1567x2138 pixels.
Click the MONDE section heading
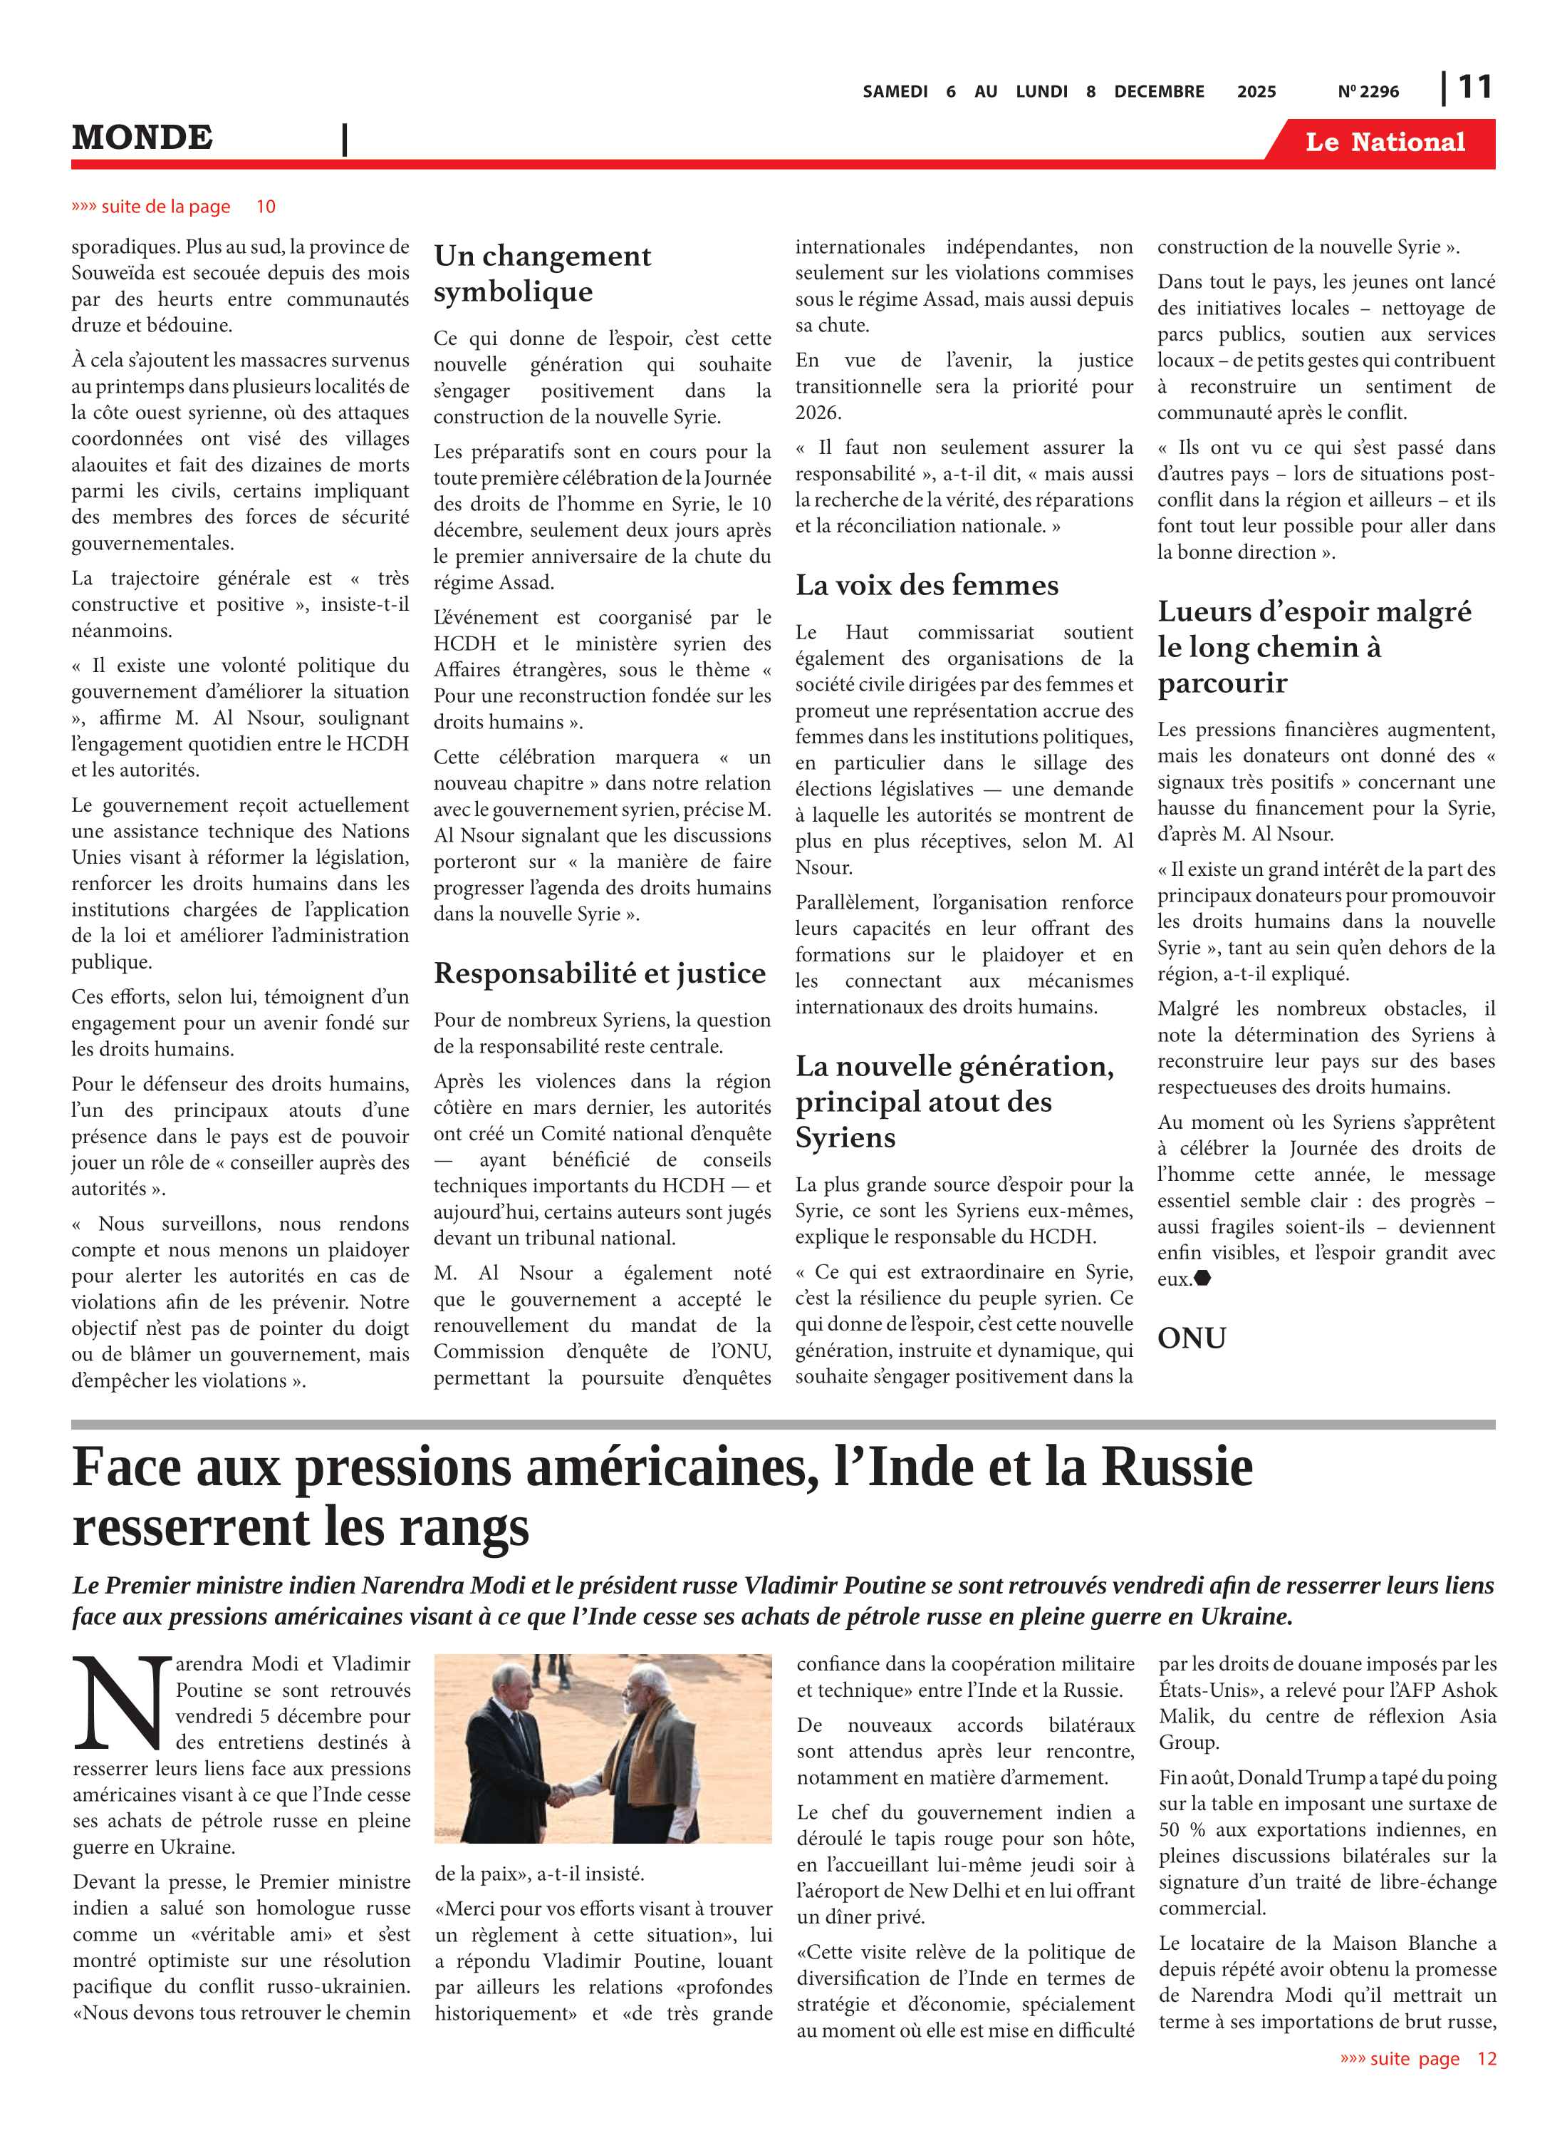142,138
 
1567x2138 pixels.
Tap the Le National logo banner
1384,143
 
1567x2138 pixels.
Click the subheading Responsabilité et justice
600,974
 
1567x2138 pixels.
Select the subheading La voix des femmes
926,586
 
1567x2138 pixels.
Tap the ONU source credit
1192,1338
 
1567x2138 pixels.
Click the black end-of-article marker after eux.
1203,1279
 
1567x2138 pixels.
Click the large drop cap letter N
121,1703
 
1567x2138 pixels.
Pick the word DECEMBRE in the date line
1158,92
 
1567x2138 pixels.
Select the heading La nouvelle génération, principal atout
954,1102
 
